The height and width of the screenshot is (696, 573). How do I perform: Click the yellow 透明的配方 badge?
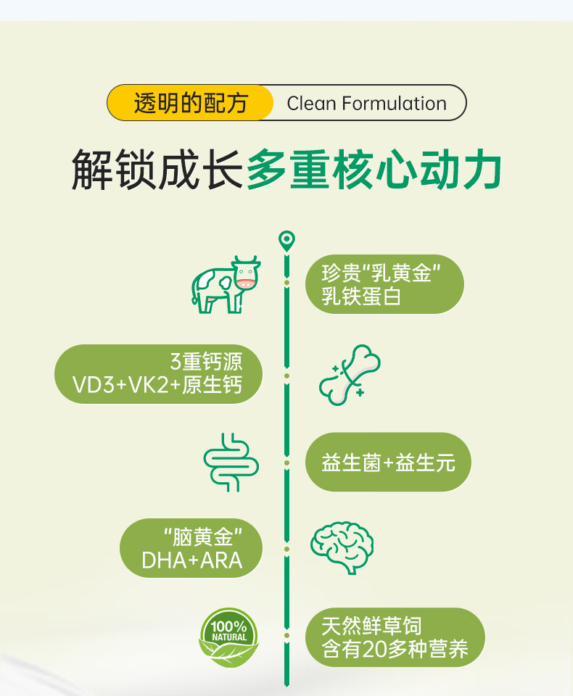tap(190, 103)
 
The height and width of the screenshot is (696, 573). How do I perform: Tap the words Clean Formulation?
tap(366, 104)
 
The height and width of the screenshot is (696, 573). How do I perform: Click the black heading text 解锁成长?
tap(156, 170)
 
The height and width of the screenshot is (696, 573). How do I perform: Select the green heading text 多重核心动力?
tap(374, 170)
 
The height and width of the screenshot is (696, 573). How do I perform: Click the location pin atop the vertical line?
tap(287, 240)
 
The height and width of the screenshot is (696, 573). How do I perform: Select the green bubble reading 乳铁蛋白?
tap(384, 284)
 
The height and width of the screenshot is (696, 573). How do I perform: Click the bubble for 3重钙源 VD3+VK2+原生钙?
tap(158, 373)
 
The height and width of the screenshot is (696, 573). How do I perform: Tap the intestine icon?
tap(231, 463)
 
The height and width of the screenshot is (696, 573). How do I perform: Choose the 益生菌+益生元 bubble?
tap(388, 463)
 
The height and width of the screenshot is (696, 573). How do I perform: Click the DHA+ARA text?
tap(191, 560)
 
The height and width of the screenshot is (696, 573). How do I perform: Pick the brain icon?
tap(342, 547)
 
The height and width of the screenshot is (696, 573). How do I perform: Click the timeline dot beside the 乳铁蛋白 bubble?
tap(287, 282)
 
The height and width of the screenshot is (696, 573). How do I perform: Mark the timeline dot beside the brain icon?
tap(287, 550)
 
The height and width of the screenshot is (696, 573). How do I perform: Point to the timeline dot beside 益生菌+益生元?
tap(287, 463)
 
